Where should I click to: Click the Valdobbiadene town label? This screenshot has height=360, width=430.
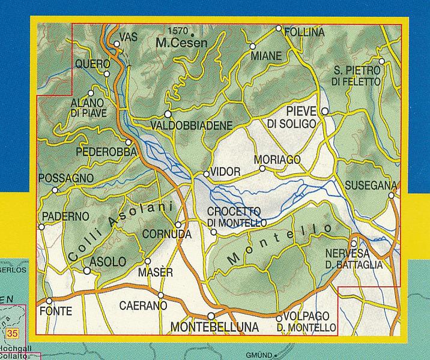click(192, 125)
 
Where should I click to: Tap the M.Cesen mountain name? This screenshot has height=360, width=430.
click(181, 43)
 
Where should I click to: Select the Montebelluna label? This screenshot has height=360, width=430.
click(215, 327)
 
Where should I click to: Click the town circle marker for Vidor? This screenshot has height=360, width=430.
click(206, 174)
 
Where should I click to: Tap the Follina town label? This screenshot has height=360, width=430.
click(303, 32)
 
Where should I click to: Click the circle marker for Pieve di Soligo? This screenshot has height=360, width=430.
click(325, 111)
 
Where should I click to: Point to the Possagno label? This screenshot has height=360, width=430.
click(65, 179)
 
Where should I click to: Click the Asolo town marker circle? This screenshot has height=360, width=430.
click(87, 271)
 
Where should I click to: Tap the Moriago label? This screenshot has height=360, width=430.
click(276, 160)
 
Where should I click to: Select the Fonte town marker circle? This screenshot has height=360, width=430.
click(49, 301)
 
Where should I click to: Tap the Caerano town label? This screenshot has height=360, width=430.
click(142, 306)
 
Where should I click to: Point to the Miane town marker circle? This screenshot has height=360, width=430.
click(253, 46)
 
